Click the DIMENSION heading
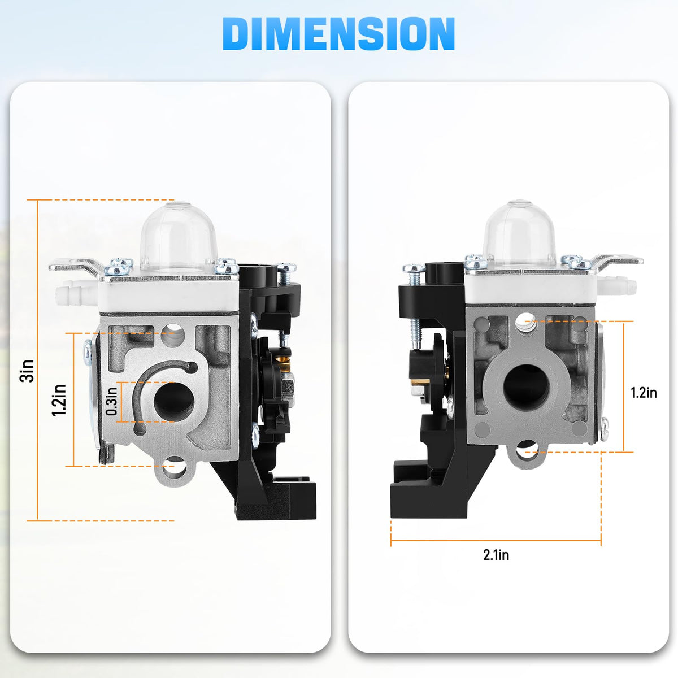point(338,34)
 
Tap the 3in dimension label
point(28,371)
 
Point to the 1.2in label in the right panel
point(644,393)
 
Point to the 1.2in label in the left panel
point(59,400)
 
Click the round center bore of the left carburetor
point(174,401)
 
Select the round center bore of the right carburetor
point(527,385)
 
